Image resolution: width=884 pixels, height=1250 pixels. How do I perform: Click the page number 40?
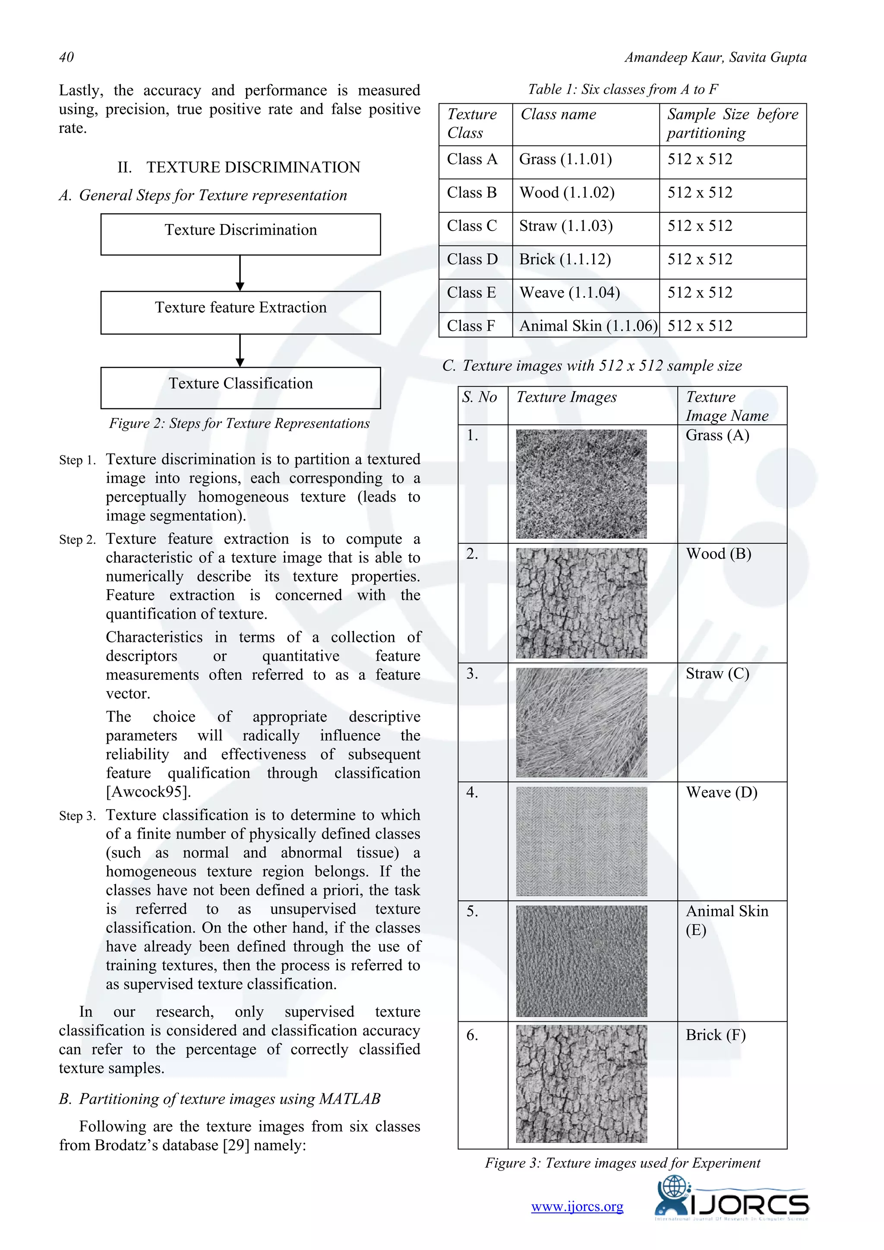(x=66, y=57)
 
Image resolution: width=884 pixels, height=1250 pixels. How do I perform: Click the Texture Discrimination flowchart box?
(x=240, y=234)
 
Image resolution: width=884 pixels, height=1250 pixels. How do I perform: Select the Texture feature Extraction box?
(x=240, y=312)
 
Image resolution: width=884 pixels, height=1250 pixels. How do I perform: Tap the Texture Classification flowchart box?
(x=240, y=388)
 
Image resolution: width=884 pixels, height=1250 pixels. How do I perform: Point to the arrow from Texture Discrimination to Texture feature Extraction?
(x=240, y=273)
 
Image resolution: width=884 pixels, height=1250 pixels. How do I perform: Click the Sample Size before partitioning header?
(x=732, y=123)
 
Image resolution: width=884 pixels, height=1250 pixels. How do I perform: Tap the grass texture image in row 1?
(x=581, y=483)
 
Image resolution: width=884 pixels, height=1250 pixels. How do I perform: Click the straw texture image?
(x=581, y=722)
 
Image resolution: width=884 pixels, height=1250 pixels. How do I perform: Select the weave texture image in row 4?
(x=581, y=841)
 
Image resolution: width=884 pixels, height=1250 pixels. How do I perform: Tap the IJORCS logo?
(x=732, y=1205)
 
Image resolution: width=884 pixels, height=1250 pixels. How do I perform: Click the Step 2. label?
(x=77, y=540)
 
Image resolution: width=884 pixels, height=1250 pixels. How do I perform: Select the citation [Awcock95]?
(x=148, y=792)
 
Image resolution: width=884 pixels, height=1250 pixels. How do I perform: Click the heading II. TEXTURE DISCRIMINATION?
(x=239, y=167)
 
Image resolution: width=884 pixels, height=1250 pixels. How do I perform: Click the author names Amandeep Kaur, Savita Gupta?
(x=715, y=57)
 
